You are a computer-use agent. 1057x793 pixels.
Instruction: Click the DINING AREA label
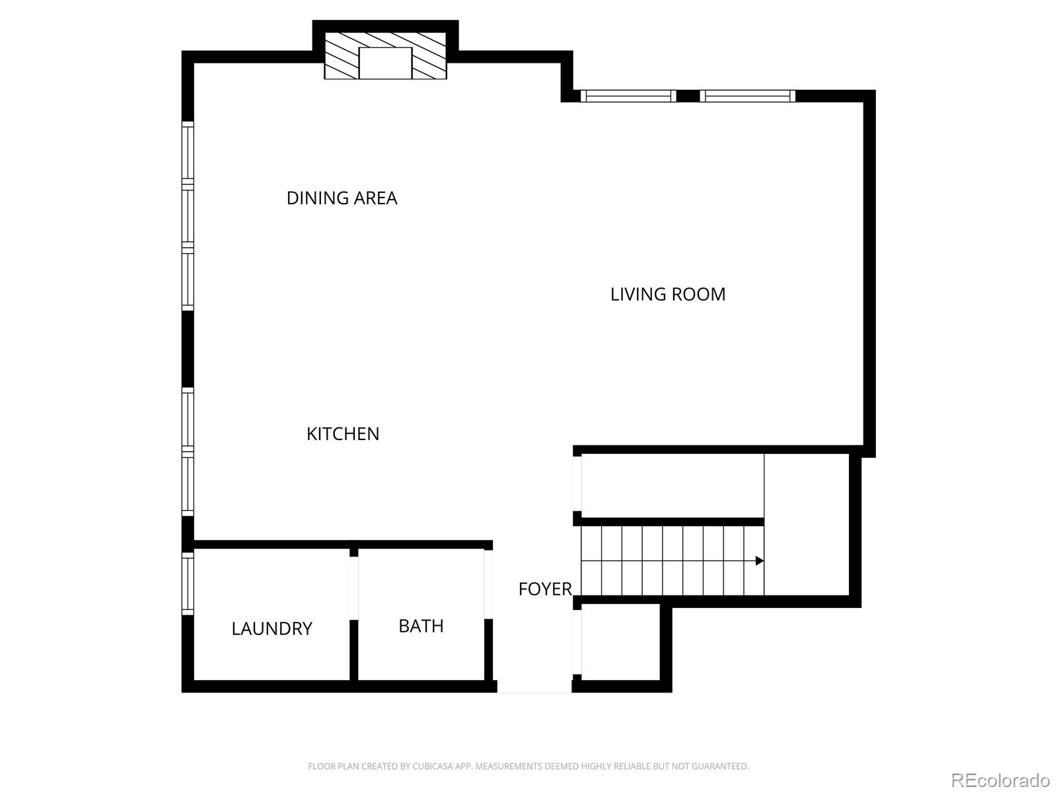[342, 198]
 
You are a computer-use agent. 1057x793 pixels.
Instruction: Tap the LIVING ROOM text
[667, 294]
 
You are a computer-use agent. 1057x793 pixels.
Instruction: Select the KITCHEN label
[343, 434]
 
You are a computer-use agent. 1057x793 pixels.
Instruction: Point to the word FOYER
[544, 589]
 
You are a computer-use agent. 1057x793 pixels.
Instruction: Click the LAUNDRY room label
[272, 628]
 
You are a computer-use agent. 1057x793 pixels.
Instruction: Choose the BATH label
[421, 626]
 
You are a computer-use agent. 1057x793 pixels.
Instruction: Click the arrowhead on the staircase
[760, 560]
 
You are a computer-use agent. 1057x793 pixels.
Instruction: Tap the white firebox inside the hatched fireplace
[385, 63]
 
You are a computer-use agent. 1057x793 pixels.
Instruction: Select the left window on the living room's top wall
[628, 96]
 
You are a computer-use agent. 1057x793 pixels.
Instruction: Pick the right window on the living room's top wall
[747, 96]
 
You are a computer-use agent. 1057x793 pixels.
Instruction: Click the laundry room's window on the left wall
[188, 583]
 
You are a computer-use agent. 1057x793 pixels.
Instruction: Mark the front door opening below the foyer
[534, 687]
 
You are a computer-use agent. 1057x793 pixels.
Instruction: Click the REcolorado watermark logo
[1000, 779]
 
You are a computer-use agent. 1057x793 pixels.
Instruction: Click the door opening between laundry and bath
[353, 588]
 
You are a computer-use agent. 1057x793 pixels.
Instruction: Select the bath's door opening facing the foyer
[488, 584]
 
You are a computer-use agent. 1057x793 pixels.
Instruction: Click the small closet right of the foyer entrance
[620, 642]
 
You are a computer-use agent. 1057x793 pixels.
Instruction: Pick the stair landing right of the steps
[806, 524]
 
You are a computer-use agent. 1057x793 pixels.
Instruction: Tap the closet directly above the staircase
[673, 485]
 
